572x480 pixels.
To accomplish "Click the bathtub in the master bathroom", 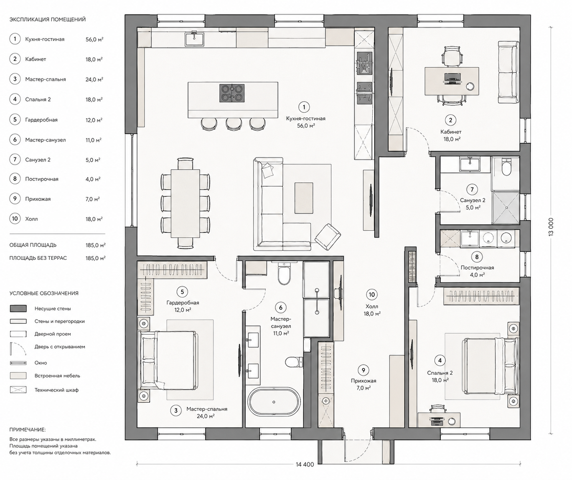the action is click(x=274, y=402).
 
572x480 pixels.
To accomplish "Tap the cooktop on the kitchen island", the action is click(x=232, y=93).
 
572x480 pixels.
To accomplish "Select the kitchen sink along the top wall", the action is click(x=194, y=39).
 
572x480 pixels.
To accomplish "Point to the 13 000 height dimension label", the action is click(x=551, y=226).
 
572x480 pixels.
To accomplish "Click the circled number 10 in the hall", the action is click(x=371, y=295).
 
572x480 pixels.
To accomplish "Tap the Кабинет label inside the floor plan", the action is click(x=451, y=132).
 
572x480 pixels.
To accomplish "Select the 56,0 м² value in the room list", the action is click(x=94, y=39).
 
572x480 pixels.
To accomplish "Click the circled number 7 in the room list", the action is click(x=15, y=160).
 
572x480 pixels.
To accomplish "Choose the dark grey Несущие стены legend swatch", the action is click(x=18, y=308).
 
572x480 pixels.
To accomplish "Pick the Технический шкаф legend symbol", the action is click(x=18, y=390).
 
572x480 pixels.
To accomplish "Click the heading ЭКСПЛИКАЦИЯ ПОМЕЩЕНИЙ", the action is click(x=47, y=20).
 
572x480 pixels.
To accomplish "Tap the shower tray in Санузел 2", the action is click(x=506, y=208).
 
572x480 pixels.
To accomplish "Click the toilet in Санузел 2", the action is click(x=506, y=168).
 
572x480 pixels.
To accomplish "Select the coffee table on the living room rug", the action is click(x=303, y=198).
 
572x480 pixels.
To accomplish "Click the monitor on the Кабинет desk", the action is click(x=452, y=78).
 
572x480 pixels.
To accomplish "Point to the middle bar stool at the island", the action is click(x=234, y=124).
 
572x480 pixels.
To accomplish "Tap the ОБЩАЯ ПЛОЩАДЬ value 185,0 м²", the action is click(x=95, y=245).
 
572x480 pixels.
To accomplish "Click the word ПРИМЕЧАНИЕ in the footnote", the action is click(x=28, y=429).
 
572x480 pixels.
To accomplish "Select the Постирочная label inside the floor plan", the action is click(x=477, y=268).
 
